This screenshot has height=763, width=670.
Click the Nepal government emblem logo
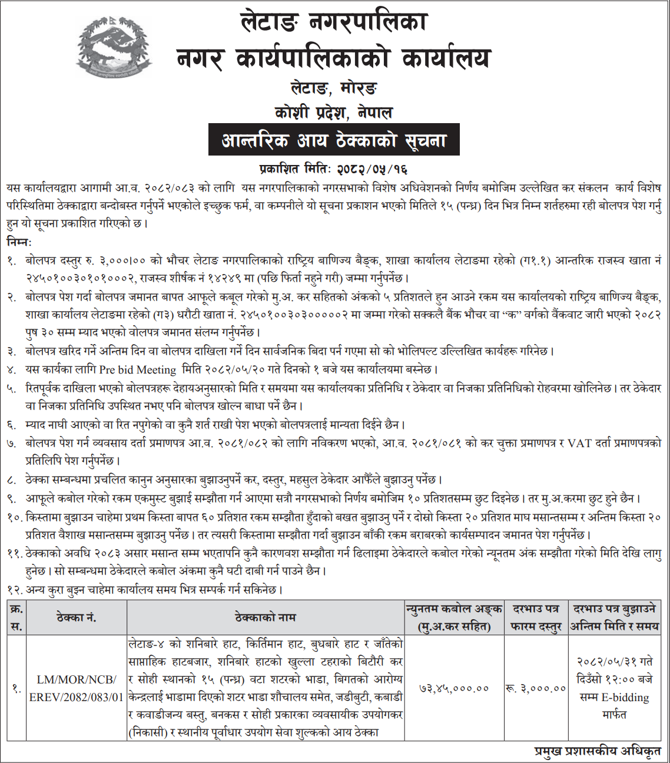[114, 47]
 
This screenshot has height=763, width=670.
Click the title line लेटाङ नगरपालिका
[334, 23]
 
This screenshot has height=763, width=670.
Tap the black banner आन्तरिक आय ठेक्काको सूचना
[334, 141]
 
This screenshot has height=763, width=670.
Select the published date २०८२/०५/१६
[372, 169]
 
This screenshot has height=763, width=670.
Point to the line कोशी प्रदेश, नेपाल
[333, 113]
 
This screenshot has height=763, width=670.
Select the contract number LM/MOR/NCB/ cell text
[77, 679]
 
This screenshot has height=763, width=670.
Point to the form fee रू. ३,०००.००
[536, 688]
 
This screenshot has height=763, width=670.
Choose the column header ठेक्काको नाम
[265, 617]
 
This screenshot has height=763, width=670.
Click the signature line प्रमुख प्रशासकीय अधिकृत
[597, 751]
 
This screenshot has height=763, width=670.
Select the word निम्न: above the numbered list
[20, 242]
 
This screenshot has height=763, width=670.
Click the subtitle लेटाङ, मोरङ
[334, 88]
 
